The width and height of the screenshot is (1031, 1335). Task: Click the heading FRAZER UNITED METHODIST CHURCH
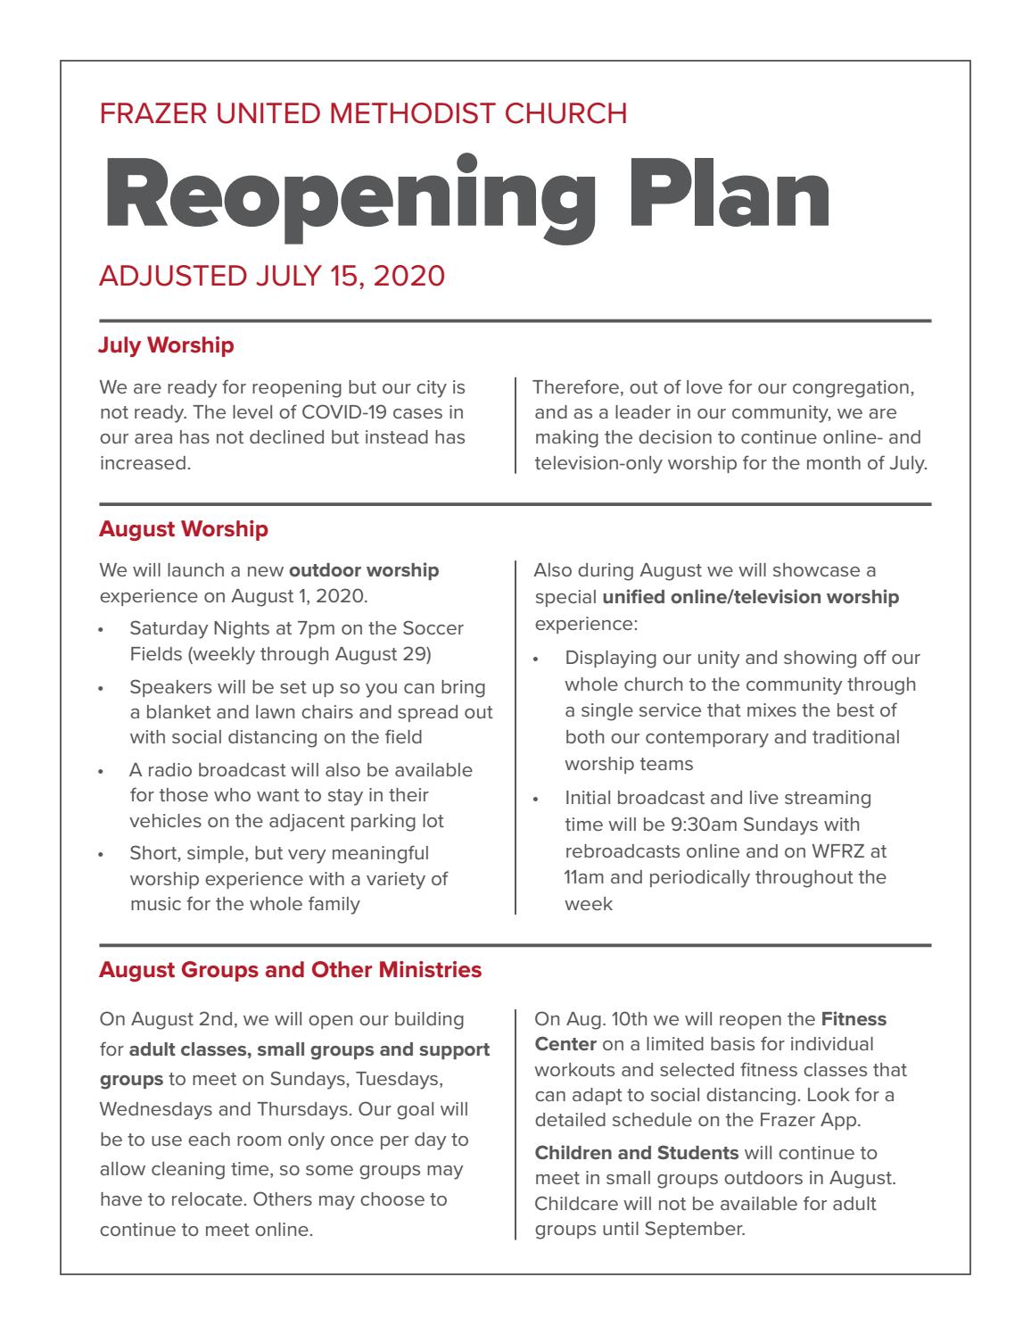(363, 113)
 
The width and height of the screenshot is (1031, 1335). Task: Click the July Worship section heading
(166, 344)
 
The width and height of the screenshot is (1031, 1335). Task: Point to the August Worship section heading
(183, 529)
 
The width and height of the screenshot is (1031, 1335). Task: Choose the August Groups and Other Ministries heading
(290, 969)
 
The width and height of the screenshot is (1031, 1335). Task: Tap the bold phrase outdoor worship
(364, 569)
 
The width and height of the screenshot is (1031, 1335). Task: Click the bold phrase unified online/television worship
(751, 597)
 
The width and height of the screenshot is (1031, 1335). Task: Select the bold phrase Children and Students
(636, 1152)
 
